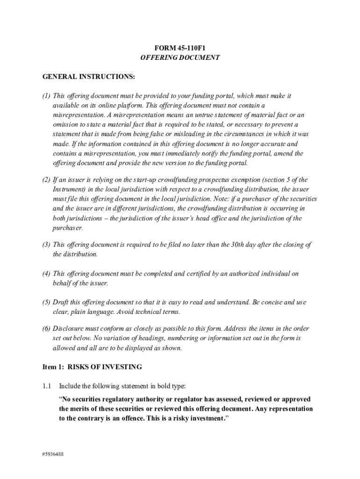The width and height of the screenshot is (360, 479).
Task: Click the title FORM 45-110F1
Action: (x=180, y=48)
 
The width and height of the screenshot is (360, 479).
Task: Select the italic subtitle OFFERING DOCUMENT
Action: (x=180, y=58)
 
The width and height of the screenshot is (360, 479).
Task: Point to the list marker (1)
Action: (x=46, y=95)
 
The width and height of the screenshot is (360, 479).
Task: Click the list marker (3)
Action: (x=46, y=244)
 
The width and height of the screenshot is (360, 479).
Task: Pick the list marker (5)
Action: (x=46, y=302)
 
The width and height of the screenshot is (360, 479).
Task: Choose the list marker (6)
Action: (x=46, y=328)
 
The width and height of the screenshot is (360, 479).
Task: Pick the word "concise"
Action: (x=268, y=302)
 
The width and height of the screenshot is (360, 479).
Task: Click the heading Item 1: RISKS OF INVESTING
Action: (x=92, y=367)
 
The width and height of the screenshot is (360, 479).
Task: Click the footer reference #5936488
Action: (x=52, y=453)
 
